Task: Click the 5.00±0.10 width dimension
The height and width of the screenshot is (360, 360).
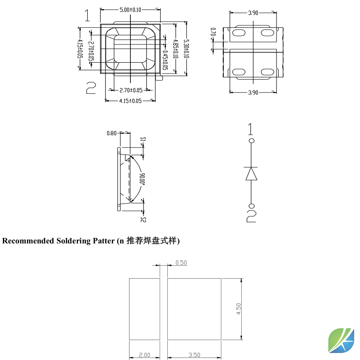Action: (x=130, y=10)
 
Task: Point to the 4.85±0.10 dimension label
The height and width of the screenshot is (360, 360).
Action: (x=176, y=49)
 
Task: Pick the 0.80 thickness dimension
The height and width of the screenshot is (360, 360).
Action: (x=112, y=133)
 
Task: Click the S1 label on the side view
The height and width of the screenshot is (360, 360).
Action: (x=143, y=139)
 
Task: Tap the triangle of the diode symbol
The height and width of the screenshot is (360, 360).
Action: (x=251, y=174)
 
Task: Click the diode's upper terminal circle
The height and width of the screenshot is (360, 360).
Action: (x=251, y=141)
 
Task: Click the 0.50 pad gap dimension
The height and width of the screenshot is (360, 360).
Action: (x=181, y=262)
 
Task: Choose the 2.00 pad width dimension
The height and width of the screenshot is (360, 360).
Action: (x=144, y=355)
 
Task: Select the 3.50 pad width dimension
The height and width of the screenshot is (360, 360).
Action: (x=194, y=355)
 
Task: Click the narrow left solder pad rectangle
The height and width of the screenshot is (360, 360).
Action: (x=144, y=309)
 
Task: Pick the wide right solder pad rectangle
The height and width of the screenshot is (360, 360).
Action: (x=194, y=309)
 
